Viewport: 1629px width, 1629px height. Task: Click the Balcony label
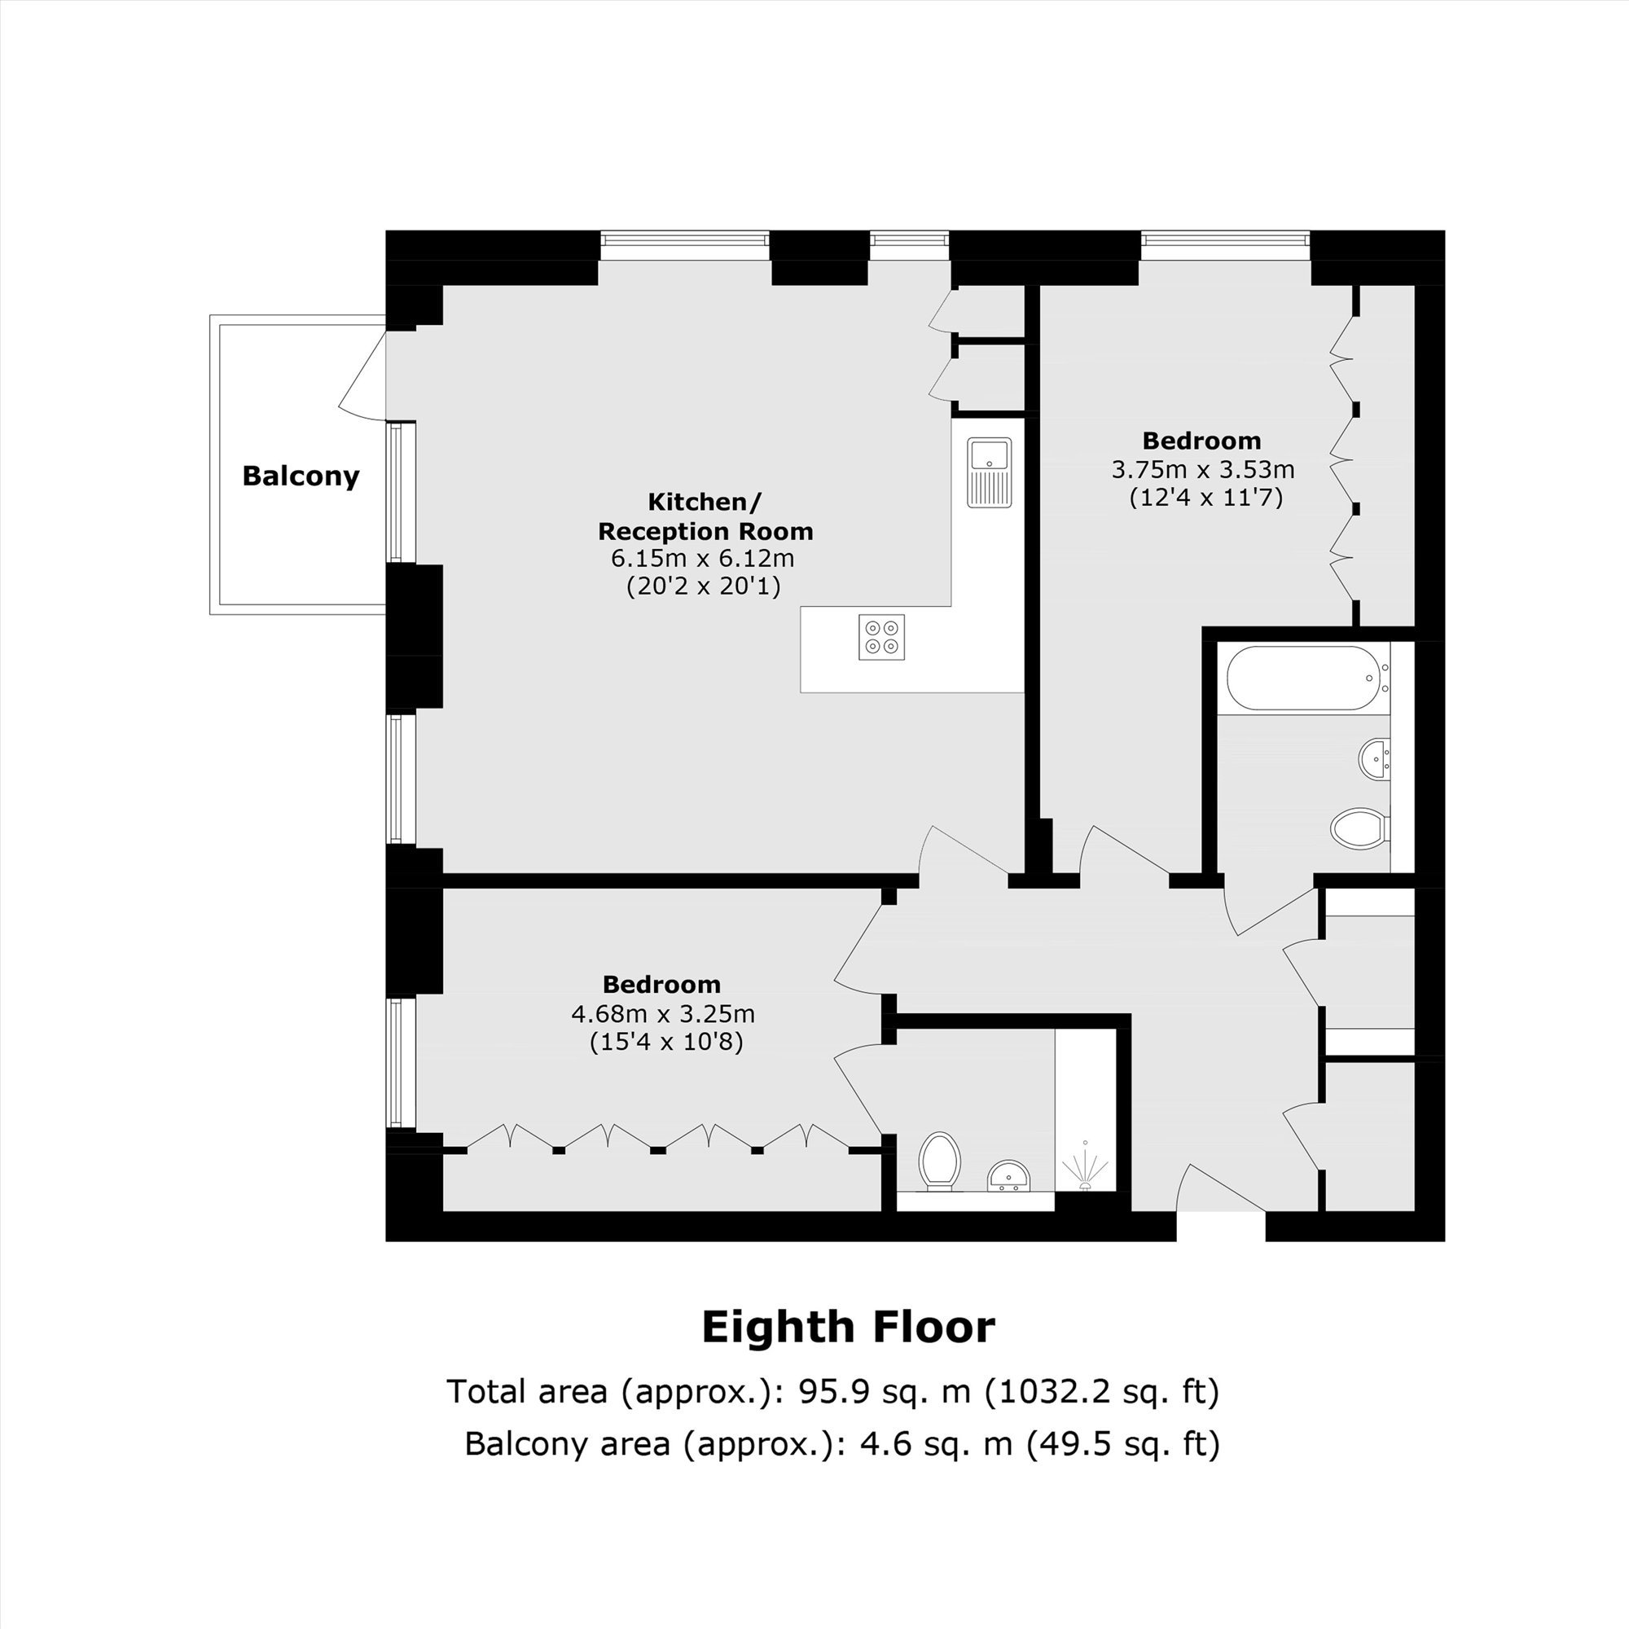click(x=301, y=476)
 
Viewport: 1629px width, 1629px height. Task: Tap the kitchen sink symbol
click(x=990, y=473)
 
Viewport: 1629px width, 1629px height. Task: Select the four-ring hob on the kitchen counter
click(x=882, y=638)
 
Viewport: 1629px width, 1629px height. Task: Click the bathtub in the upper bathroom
click(x=1308, y=678)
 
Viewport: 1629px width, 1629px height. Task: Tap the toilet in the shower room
click(x=940, y=1163)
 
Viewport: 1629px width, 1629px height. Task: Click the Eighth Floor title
click(x=848, y=1328)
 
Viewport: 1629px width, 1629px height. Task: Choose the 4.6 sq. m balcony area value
click(x=936, y=1444)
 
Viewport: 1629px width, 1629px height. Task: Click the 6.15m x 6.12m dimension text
click(x=702, y=558)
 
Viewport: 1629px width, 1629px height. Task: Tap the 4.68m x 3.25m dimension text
click(x=663, y=1012)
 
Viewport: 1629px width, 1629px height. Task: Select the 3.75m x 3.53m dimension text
click(x=1203, y=469)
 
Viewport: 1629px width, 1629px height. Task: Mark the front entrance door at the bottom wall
click(x=1221, y=1189)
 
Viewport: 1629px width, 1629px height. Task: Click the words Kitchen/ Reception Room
click(x=705, y=517)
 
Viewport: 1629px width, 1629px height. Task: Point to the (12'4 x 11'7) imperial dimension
click(x=1205, y=498)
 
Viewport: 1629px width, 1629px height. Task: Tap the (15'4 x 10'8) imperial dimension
click(x=666, y=1043)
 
